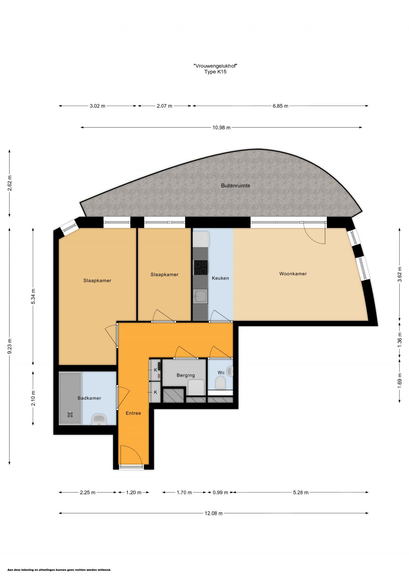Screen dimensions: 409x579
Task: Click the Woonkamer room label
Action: tap(293, 274)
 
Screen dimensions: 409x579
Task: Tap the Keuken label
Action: tap(220, 278)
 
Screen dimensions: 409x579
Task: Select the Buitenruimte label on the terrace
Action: tap(235, 185)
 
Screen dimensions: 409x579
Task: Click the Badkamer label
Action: tap(89, 398)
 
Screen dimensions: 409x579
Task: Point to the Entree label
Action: tap(133, 413)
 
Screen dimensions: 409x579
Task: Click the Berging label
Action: tap(186, 375)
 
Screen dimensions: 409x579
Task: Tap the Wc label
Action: tap(221, 372)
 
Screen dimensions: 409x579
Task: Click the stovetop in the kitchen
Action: tap(201, 268)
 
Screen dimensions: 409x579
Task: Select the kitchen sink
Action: tap(200, 296)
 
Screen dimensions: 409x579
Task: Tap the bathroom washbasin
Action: tap(99, 419)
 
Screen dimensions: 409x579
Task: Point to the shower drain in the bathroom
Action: tap(70, 415)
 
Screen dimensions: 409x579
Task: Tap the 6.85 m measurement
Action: tap(280, 106)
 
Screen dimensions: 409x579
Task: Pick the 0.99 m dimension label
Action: tap(220, 492)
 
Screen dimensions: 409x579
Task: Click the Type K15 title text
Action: tap(215, 72)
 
